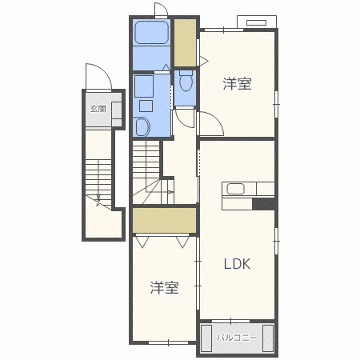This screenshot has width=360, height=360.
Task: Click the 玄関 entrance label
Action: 98,109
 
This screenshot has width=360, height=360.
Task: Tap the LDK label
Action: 237,264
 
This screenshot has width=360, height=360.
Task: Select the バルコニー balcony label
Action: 237,338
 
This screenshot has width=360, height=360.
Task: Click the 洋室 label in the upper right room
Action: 237,83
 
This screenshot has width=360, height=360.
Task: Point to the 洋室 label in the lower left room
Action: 164,287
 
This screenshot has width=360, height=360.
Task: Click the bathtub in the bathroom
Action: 152,32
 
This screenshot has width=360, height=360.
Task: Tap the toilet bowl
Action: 186,81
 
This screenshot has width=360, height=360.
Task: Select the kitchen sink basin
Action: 235,189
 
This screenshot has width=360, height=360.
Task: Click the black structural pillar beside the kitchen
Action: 263,204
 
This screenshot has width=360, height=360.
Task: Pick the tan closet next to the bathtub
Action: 185,42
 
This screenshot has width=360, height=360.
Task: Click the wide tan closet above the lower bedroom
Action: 164,221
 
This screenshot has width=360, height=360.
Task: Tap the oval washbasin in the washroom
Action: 142,127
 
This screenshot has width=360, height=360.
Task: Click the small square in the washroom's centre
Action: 146,106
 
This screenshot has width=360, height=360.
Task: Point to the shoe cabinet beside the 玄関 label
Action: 116,110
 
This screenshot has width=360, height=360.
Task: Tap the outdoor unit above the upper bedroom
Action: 257,22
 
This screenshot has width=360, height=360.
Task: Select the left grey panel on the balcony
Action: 206,338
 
